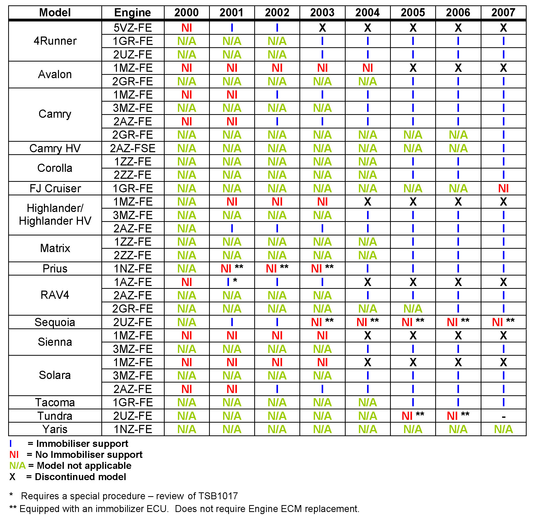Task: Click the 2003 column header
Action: [x=322, y=13]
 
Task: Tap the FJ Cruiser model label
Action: [x=55, y=188]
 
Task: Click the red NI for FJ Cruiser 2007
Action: [x=503, y=188]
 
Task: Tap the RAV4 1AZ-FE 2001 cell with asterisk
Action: [x=232, y=282]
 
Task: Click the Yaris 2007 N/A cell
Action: [x=503, y=429]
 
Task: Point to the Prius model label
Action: [x=55, y=269]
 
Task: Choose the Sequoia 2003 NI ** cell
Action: [x=322, y=322]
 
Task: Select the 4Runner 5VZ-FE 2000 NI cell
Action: [x=187, y=28]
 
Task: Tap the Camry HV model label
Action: [x=55, y=148]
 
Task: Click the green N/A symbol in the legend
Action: [x=17, y=466]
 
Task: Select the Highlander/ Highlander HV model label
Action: [x=55, y=215]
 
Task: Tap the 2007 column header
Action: [x=503, y=13]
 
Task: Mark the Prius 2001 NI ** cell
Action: [x=232, y=269]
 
